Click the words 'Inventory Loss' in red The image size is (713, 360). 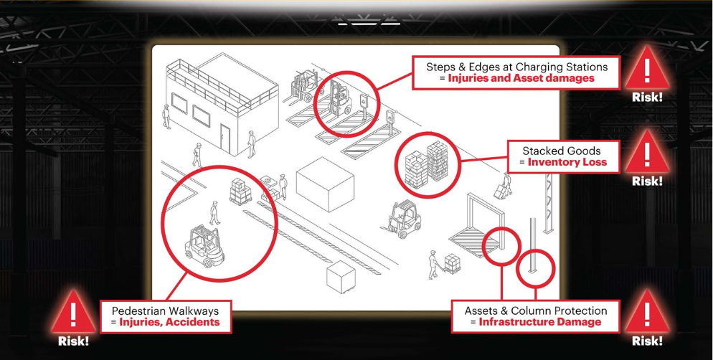(x=567, y=162)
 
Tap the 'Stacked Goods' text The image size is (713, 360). (x=561, y=151)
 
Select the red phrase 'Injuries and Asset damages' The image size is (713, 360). (x=521, y=78)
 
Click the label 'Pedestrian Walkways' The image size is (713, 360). (x=165, y=311)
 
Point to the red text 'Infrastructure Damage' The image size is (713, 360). (x=539, y=322)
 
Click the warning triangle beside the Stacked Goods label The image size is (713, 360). (x=646, y=151)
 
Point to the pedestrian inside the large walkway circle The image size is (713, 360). (x=214, y=213)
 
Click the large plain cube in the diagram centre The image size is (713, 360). (x=325, y=184)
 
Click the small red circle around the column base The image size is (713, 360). (x=537, y=269)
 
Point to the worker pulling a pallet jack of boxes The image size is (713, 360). (x=434, y=265)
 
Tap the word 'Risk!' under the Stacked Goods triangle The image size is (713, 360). (x=647, y=181)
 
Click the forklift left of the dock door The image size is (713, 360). (x=401, y=219)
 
